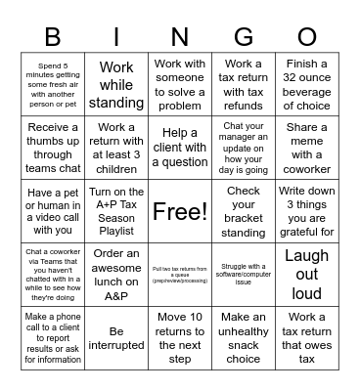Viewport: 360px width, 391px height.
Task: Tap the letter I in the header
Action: (x=116, y=36)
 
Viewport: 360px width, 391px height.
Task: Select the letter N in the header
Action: (x=180, y=36)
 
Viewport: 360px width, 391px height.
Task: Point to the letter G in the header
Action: (x=244, y=36)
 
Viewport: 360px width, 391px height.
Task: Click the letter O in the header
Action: (x=307, y=36)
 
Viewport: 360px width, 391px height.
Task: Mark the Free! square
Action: (x=180, y=211)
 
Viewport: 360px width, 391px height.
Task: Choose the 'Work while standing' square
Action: (x=116, y=84)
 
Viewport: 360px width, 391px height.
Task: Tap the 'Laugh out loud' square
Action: (x=307, y=275)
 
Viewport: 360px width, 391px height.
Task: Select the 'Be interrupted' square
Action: (x=116, y=338)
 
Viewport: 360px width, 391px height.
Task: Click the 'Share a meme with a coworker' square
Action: (x=307, y=148)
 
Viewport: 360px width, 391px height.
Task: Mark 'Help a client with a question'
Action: (x=180, y=148)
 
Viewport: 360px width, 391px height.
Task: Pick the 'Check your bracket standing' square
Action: (x=244, y=211)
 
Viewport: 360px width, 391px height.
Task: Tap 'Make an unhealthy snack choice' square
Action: (x=244, y=338)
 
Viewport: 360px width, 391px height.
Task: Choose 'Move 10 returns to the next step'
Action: (x=180, y=338)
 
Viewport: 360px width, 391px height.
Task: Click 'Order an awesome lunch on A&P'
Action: (x=116, y=275)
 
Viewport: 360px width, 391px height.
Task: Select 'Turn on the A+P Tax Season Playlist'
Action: (x=116, y=211)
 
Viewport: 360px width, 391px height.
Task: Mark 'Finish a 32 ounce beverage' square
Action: (x=307, y=84)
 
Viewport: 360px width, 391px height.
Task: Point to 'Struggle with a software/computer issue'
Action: (x=244, y=275)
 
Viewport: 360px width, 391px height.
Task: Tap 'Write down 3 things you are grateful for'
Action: (x=307, y=211)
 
